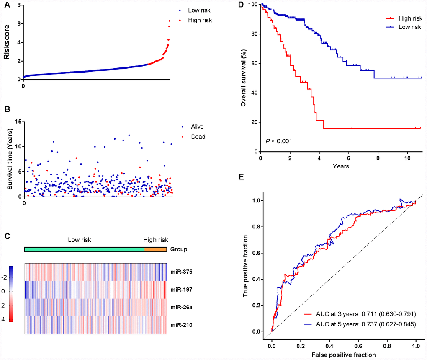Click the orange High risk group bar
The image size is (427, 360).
[x=156, y=249]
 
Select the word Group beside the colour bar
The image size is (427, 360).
[x=179, y=249]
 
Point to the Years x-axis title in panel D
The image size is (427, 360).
[x=341, y=166]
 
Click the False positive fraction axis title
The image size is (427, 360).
[x=343, y=354]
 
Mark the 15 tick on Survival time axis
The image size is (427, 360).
[x=18, y=122]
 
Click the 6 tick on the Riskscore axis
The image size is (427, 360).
[x=18, y=23]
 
